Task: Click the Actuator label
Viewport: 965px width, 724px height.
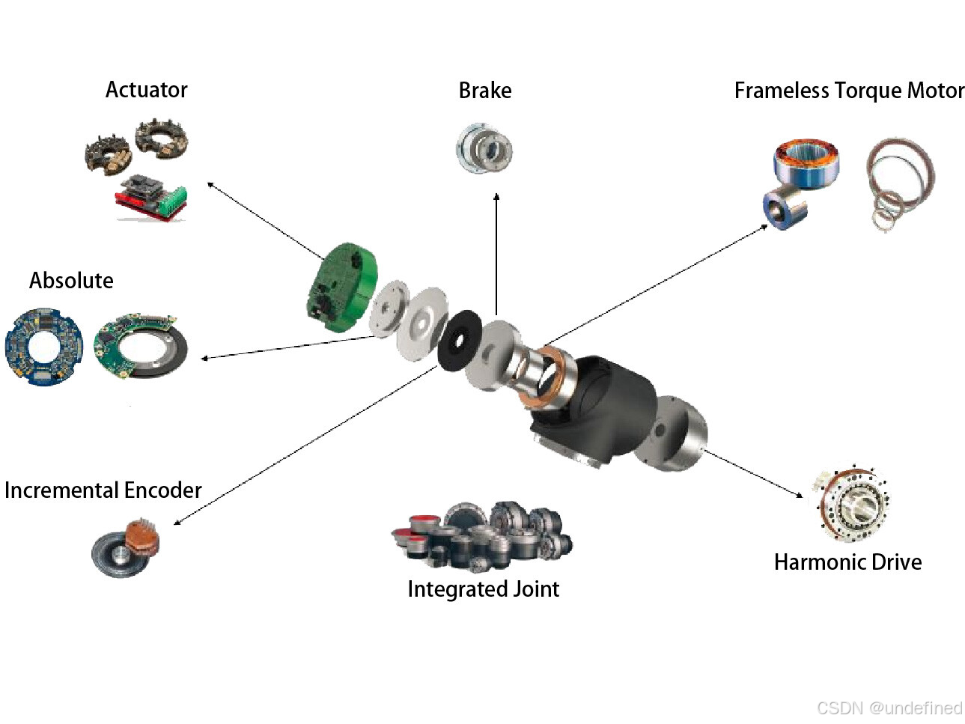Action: (147, 90)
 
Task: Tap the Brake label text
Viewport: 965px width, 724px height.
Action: (485, 91)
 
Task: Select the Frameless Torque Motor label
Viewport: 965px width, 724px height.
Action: (850, 91)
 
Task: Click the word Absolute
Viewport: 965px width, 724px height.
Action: (71, 281)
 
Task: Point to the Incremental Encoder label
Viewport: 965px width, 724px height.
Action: (103, 490)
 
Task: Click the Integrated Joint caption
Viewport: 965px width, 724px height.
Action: (484, 589)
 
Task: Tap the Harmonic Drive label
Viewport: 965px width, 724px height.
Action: (848, 562)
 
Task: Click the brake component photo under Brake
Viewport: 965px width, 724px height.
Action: (484, 148)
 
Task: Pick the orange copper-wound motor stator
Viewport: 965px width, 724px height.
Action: (806, 162)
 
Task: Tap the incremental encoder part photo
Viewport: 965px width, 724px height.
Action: (126, 547)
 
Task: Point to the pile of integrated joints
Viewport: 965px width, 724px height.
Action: (482, 536)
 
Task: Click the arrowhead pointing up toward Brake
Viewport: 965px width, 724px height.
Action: (496, 196)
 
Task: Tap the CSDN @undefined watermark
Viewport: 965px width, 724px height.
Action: (889, 708)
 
